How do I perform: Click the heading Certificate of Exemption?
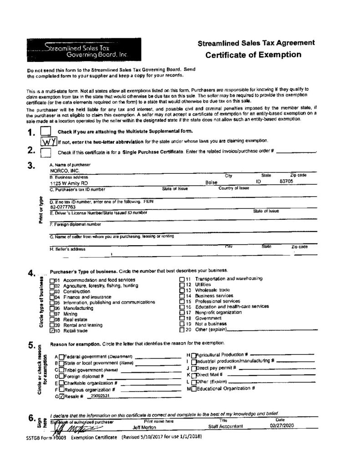(253, 55)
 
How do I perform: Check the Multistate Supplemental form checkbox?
(46, 131)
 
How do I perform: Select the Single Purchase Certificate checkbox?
(46, 152)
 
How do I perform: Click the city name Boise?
(212, 182)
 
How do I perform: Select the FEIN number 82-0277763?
(62, 207)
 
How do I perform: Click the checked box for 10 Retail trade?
(52, 331)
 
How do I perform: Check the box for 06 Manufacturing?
(52, 308)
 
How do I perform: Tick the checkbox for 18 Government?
(182, 319)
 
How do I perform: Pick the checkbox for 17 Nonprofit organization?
(182, 313)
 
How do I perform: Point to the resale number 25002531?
(100, 396)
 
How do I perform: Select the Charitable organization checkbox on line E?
(61, 383)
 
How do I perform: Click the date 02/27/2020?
(282, 426)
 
